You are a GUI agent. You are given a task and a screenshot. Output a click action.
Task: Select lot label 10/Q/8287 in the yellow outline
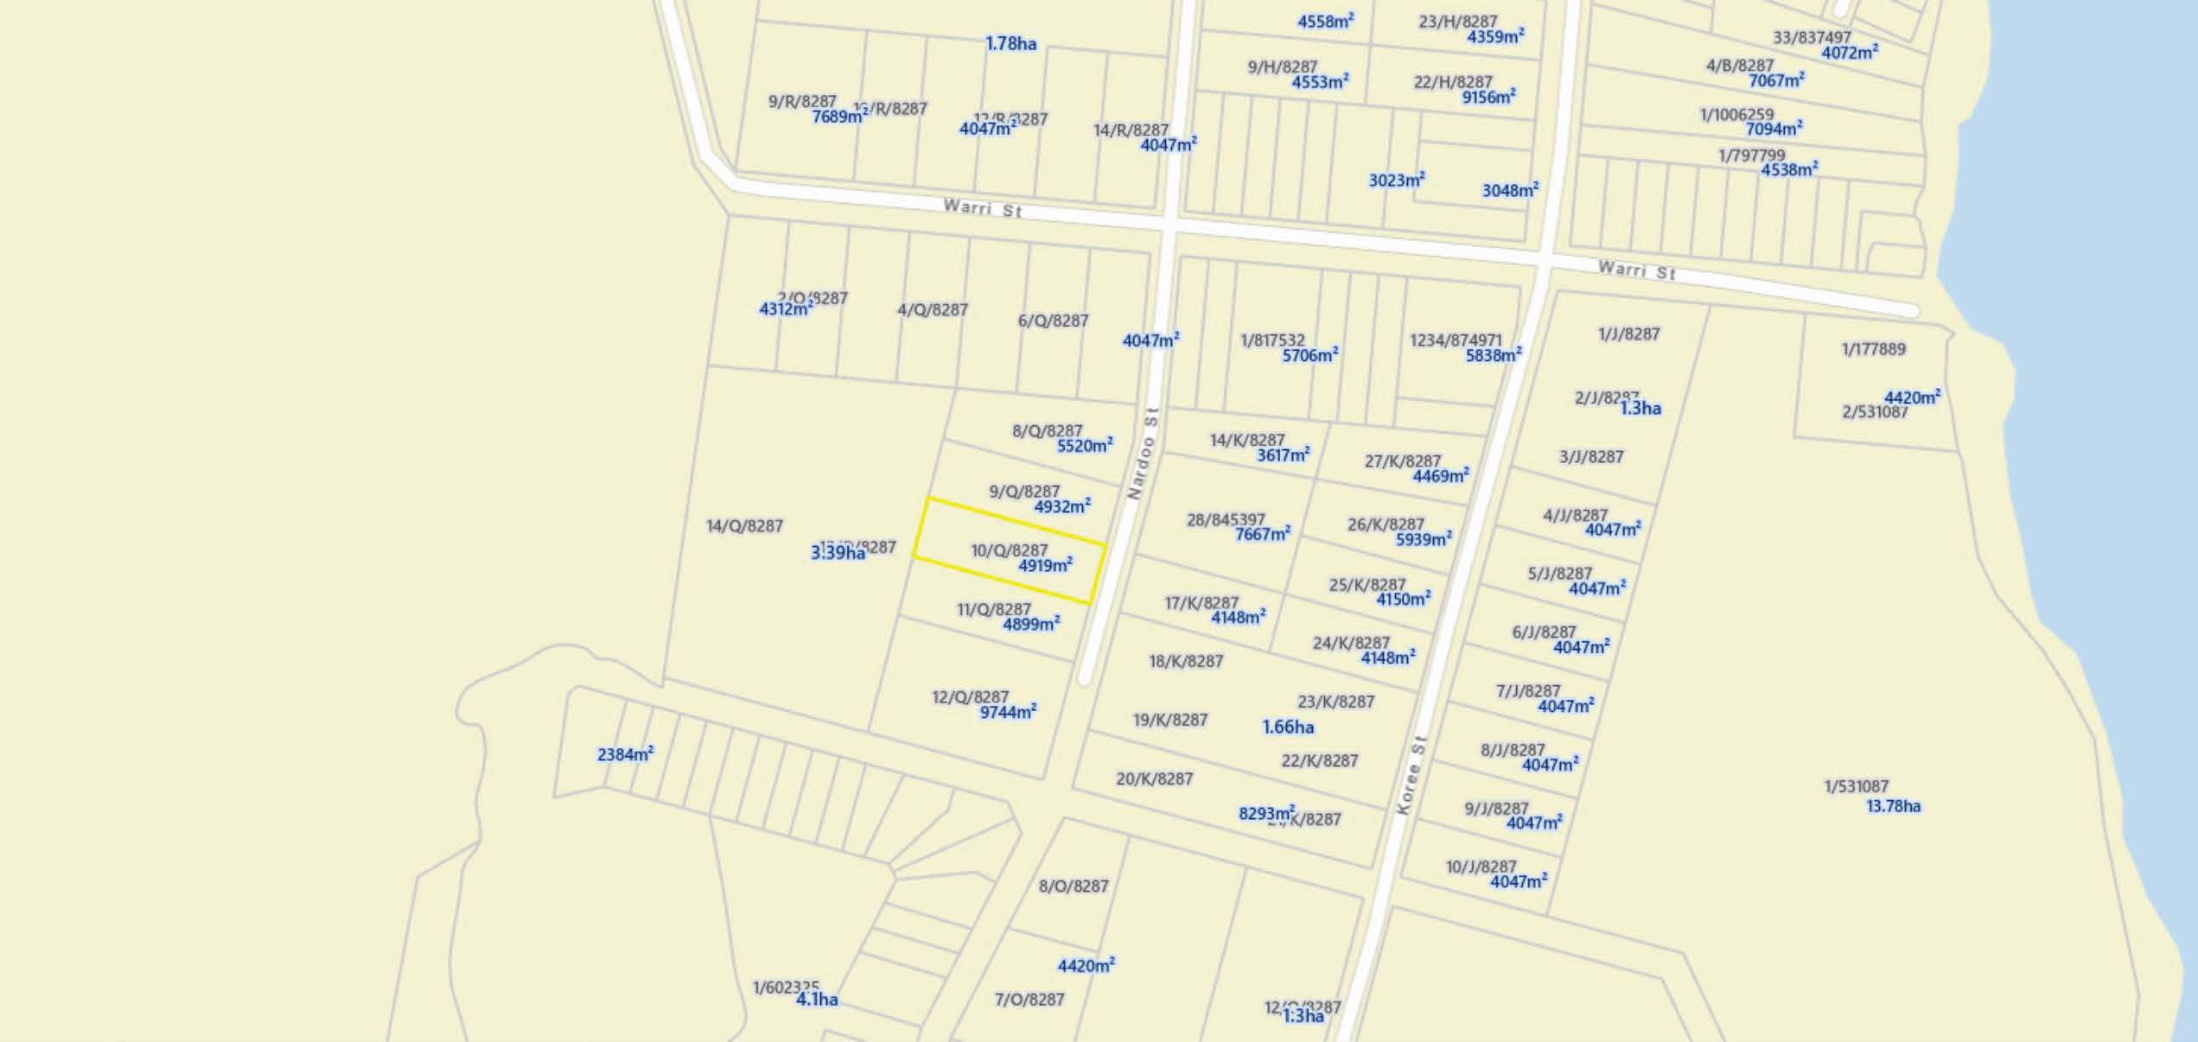pos(1009,550)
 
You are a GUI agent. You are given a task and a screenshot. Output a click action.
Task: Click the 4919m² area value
pos(1045,566)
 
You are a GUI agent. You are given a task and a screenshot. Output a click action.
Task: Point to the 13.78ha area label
pos(1893,806)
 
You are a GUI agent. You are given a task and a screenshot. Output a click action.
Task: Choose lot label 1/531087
pos(1856,786)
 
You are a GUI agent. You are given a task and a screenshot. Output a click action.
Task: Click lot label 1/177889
pos(1873,349)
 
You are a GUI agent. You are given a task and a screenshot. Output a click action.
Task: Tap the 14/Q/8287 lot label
pos(744,525)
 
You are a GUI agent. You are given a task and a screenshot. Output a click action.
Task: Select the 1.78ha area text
pos(1010,43)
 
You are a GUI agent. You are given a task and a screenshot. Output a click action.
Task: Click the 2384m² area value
pos(624,754)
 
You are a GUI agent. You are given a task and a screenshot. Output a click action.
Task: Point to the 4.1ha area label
pos(817,999)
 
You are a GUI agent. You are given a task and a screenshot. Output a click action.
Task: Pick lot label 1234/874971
pos(1456,340)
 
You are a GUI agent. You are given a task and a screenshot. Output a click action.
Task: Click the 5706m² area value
pos(1309,355)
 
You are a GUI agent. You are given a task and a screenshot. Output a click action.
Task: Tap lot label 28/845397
pos(1225,519)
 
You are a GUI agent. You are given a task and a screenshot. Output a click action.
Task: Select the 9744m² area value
pos(1007,712)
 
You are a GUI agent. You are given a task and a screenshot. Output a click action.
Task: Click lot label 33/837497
pos(1812,37)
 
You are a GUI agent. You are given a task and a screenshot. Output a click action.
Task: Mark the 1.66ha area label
pos(1288,727)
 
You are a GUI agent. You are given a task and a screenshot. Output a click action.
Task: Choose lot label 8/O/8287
pos(1073,886)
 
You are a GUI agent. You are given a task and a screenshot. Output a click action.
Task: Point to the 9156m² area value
pos(1488,98)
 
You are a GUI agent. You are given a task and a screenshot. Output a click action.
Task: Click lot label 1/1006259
pos(1736,115)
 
